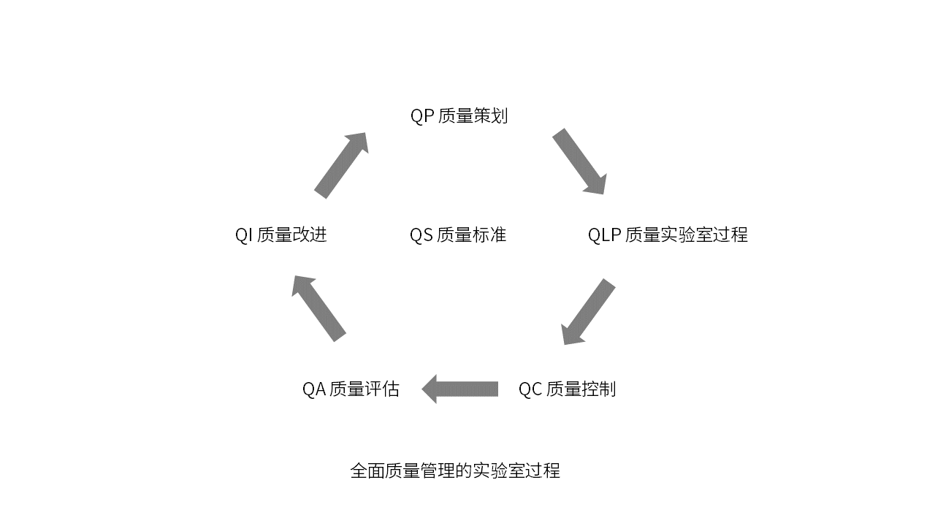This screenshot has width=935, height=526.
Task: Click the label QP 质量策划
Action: tap(459, 116)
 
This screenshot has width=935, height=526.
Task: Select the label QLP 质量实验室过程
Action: tap(668, 235)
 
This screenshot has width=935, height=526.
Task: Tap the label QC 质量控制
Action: tap(567, 389)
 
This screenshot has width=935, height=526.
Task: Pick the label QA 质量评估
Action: tap(351, 389)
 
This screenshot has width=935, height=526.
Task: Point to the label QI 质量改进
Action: tap(280, 235)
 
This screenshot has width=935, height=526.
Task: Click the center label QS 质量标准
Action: tap(458, 235)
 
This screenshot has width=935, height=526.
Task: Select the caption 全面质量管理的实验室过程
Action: tap(455, 470)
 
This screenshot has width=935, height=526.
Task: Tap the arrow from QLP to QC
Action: tap(589, 311)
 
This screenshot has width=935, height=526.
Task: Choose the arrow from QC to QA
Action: tap(460, 389)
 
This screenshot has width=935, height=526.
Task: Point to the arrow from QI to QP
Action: tap(341, 165)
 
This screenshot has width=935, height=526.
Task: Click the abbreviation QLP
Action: tap(604, 235)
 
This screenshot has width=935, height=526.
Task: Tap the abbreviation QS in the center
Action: tap(421, 235)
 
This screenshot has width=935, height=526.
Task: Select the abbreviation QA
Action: tap(313, 389)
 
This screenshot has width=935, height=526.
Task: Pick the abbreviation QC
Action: tap(530, 389)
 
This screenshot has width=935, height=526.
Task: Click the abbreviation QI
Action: tap(243, 235)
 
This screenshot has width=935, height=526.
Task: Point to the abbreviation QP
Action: tap(421, 116)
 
